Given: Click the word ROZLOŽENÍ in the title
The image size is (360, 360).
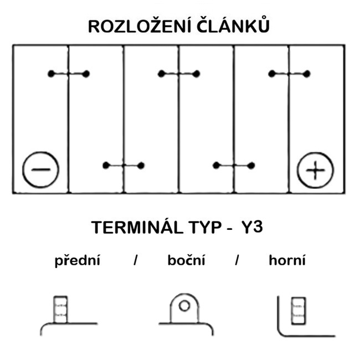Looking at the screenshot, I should (x=139, y=26).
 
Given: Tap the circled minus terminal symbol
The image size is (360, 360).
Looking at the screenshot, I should (x=40, y=169).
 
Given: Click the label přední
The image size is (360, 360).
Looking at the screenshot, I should (x=77, y=261).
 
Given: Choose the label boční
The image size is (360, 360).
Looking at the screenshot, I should (x=186, y=261).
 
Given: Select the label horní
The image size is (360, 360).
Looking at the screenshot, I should (x=286, y=261).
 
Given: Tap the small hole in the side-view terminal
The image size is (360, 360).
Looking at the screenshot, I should (x=184, y=305).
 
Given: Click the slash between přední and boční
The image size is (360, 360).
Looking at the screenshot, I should (x=135, y=261).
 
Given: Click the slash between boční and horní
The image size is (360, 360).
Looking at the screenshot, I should (x=236, y=261).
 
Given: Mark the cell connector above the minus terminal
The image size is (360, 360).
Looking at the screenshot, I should (x=69, y=74).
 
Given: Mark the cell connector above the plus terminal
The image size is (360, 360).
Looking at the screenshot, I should (x=289, y=74).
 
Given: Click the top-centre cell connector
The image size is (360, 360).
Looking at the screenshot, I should (x=178, y=74).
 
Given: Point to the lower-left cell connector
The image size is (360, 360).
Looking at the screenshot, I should (x=124, y=165).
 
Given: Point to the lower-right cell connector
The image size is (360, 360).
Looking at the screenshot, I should (x=234, y=165).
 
